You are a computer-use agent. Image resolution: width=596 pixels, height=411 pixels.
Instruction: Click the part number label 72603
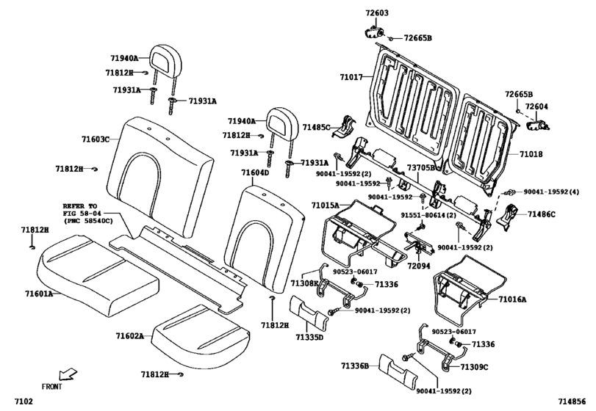tap(377, 14)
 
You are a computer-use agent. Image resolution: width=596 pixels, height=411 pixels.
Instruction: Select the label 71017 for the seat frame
tap(351, 76)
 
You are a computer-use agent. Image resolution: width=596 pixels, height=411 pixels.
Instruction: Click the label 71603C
tap(96, 139)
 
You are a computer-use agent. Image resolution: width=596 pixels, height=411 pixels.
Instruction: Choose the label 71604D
tap(255, 172)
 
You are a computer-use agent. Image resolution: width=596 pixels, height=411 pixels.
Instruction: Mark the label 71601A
tap(38, 293)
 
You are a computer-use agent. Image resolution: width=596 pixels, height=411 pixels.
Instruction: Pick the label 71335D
tap(309, 338)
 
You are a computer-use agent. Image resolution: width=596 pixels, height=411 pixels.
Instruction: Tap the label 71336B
tap(354, 365)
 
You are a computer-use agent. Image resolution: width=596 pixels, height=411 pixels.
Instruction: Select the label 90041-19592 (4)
tap(551, 192)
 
